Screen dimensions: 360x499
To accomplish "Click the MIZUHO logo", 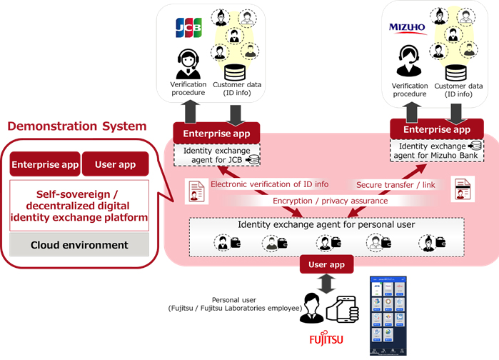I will pos(407,29).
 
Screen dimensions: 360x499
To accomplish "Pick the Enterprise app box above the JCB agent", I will pos(216,133).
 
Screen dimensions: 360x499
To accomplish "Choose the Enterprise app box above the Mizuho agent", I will pos(436,129).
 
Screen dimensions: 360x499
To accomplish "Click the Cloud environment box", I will pos(79,245).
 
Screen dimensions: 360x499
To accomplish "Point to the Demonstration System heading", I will pos(77,126).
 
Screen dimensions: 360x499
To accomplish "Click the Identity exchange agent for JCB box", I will pos(216,157).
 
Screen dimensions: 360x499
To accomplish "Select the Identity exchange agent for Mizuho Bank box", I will pos(436,151).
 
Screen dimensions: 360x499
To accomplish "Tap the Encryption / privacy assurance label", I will pos(331,201).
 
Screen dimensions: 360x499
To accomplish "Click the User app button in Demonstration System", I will pos(115,165).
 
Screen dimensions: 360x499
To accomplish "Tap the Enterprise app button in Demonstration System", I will pos(44,165).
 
